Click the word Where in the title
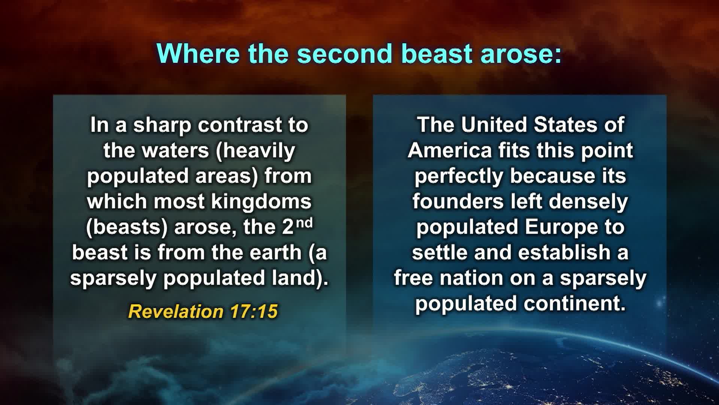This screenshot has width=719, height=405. pos(198,54)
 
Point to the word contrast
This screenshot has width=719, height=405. pos(239,125)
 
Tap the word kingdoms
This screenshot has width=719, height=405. pos(261,202)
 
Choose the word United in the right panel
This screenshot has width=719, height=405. pos(494,124)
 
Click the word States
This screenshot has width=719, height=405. pos(566,124)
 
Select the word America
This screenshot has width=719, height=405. pos(450,151)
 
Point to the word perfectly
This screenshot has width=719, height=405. pos(459,176)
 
